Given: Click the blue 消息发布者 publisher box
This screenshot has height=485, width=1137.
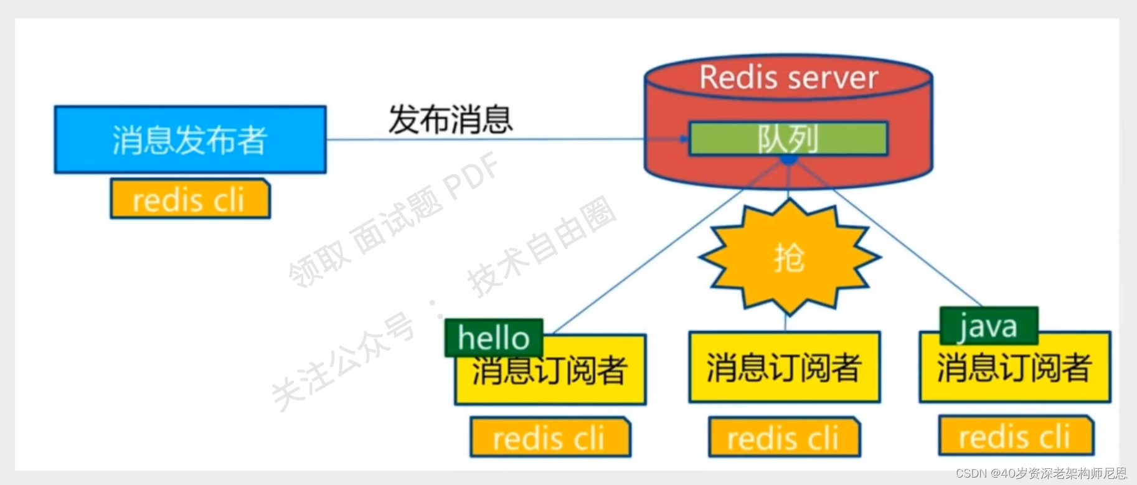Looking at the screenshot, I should point(190,139).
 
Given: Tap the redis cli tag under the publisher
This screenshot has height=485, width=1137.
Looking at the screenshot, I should point(190,200).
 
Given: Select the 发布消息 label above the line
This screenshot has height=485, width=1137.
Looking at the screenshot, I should point(450,120).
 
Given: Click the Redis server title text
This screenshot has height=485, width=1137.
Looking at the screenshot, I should point(788,78).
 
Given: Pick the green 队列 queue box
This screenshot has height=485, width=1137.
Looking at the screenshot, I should point(788,138).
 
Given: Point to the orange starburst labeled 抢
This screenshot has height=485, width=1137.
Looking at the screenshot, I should point(789,257).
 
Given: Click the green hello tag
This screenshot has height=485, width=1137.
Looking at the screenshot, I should point(494,338).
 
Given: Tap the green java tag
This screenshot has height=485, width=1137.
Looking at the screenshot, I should point(988,326).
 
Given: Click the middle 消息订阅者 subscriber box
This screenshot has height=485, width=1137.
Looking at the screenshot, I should point(784,367).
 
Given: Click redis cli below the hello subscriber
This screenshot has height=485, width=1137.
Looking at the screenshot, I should point(550,438).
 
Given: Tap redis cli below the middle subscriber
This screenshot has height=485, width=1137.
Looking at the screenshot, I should point(784,438).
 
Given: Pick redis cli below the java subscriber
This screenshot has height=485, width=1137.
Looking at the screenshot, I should point(1016,437).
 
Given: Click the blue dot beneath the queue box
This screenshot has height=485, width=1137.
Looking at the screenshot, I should point(788,160).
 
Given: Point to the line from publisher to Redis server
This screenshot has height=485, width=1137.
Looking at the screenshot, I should point(486,139).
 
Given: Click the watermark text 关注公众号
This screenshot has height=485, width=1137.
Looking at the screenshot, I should point(342,361).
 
